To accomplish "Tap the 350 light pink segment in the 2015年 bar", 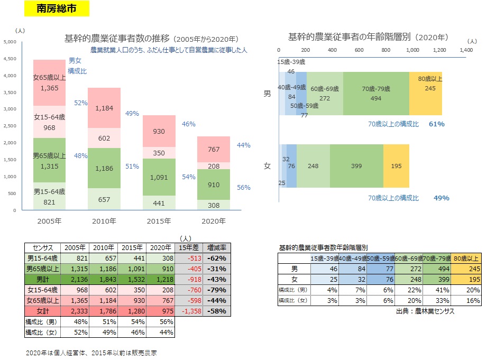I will [x=159, y=153].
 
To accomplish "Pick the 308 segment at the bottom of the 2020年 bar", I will [x=214, y=205].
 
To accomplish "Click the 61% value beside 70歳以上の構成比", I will [x=436, y=124].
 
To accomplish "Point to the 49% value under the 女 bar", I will [x=441, y=198].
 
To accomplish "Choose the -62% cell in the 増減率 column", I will [x=217, y=258].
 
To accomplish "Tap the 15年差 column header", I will [x=188, y=247].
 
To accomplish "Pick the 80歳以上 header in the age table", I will [x=465, y=259].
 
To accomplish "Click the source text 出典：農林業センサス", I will [x=425, y=312].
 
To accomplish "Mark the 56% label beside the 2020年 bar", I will [x=244, y=187].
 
